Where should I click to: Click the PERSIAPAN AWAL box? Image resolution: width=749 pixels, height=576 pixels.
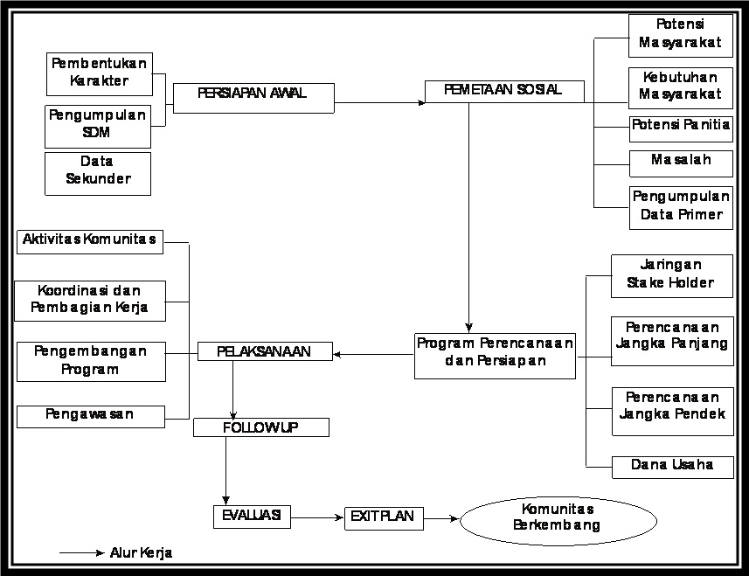pyautogui.click(x=253, y=98)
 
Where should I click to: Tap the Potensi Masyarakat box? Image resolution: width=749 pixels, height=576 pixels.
pyautogui.click(x=680, y=34)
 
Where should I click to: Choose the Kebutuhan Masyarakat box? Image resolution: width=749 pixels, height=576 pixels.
pyautogui.click(x=680, y=87)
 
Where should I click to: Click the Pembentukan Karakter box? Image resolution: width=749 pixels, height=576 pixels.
pyautogui.click(x=98, y=73)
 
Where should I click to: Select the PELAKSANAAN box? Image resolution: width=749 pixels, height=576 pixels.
pyautogui.click(x=266, y=352)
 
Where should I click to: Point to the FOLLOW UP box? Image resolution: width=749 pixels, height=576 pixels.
pyautogui.click(x=261, y=427)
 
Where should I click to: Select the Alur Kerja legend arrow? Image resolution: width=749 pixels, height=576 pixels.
pyautogui.click(x=81, y=552)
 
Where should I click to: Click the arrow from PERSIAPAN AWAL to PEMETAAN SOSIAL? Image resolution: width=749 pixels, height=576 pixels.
pyautogui.click(x=379, y=102)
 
